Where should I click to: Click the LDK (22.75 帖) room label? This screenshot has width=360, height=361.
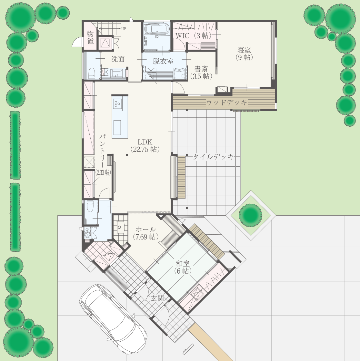(145, 145)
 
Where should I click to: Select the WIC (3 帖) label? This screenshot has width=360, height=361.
(193, 35)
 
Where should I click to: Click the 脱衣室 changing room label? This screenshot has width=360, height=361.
(163, 61)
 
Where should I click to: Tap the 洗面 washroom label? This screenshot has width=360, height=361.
(118, 59)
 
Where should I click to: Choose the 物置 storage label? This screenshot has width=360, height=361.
(91, 37)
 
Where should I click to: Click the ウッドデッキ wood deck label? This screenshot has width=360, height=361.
(226, 102)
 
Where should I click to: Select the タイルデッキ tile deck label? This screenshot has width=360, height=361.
(213, 157)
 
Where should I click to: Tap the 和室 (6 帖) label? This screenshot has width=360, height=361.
(183, 267)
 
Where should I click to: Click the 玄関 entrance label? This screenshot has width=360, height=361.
(157, 298)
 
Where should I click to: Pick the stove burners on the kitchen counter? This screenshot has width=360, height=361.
(117, 103)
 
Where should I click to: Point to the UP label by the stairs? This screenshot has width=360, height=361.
(124, 29)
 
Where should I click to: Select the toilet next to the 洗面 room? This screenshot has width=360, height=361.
(92, 73)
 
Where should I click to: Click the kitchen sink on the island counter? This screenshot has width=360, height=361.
(117, 128)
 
